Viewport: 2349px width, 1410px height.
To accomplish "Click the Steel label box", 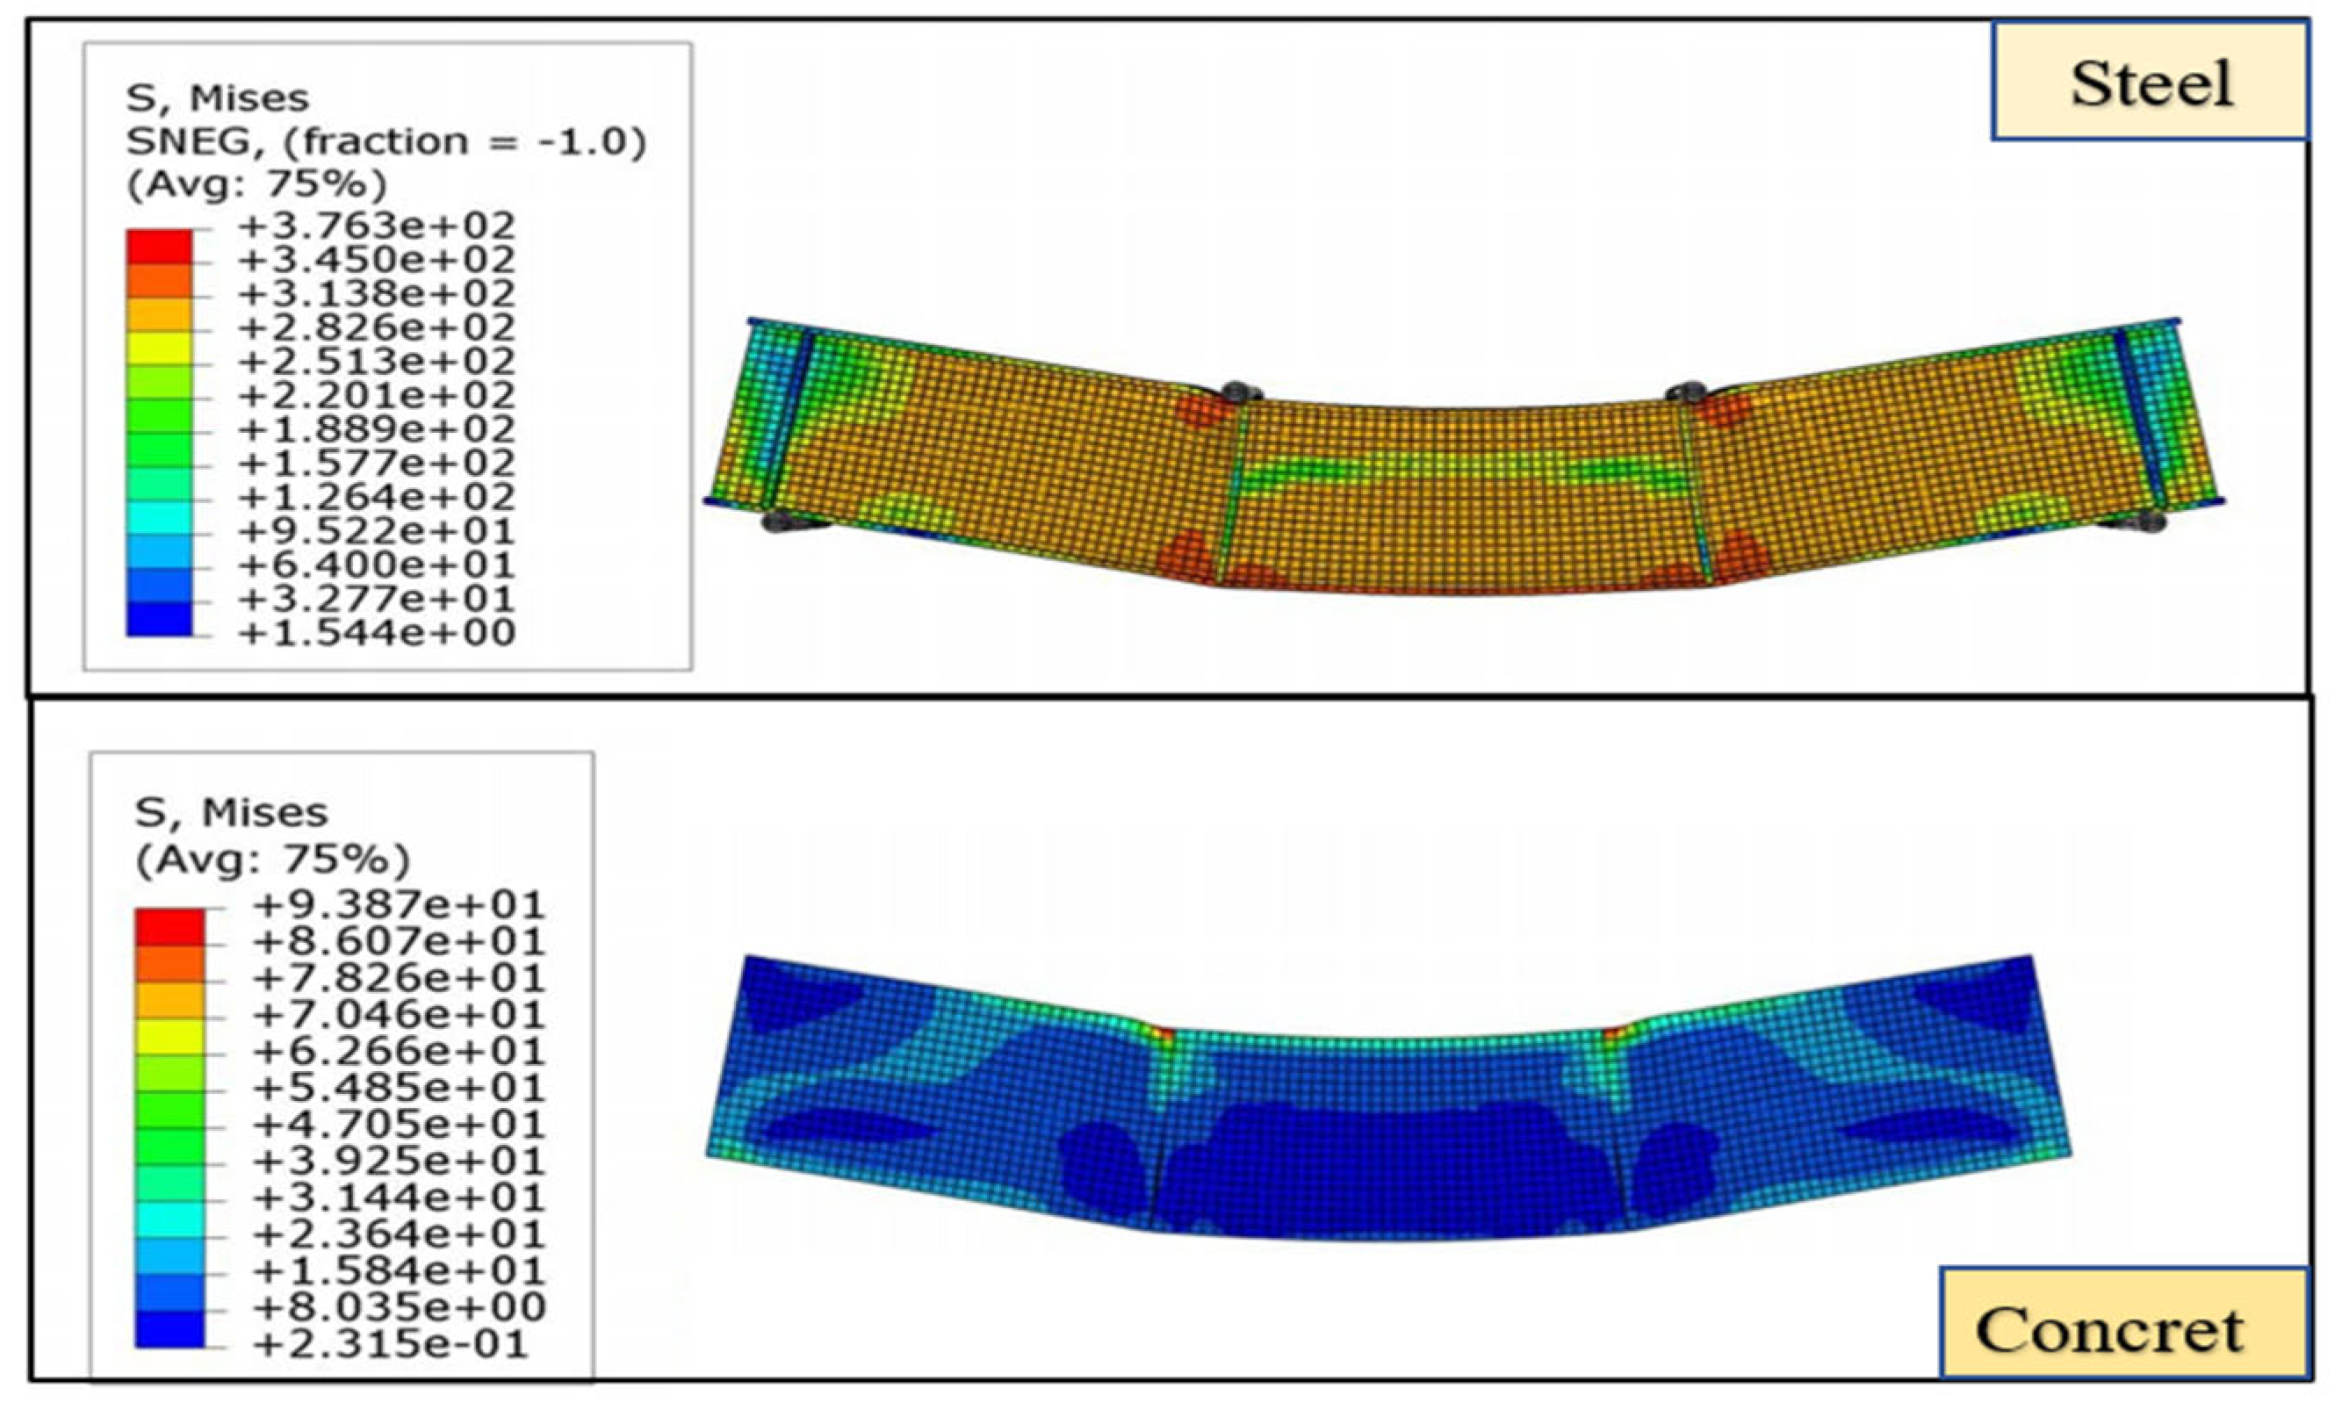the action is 2150,82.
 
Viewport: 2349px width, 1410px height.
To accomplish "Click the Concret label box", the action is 2125,1322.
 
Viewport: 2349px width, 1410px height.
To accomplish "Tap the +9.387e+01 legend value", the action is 399,904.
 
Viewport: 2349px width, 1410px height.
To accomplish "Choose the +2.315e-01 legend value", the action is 390,1344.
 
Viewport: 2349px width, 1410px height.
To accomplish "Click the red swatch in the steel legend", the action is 160,246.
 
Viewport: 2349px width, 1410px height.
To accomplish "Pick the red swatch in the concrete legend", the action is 170,927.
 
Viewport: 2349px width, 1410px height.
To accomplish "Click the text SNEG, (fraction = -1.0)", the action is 385,141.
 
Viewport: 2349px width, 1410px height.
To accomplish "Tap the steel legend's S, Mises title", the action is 218,97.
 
